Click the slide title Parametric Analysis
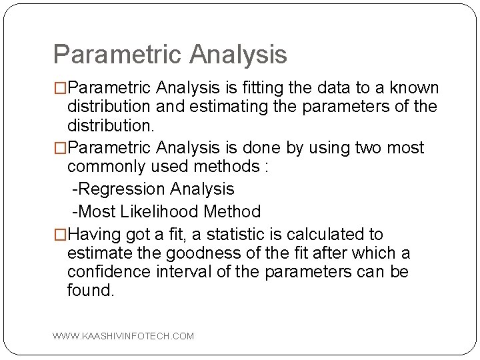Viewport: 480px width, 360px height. pos(170,54)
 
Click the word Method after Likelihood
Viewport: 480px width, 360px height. pos(233,212)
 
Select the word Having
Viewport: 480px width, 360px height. pos(91,235)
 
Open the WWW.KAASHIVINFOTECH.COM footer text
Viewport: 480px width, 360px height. pos(123,336)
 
